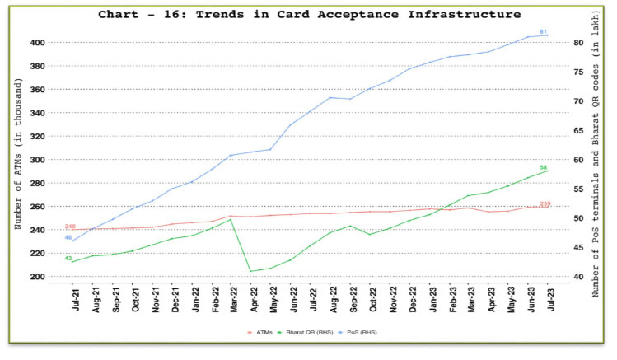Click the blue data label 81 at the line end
click(x=544, y=31)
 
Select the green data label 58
click(x=544, y=167)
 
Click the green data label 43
click(x=68, y=259)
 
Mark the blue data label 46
click(x=68, y=237)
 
